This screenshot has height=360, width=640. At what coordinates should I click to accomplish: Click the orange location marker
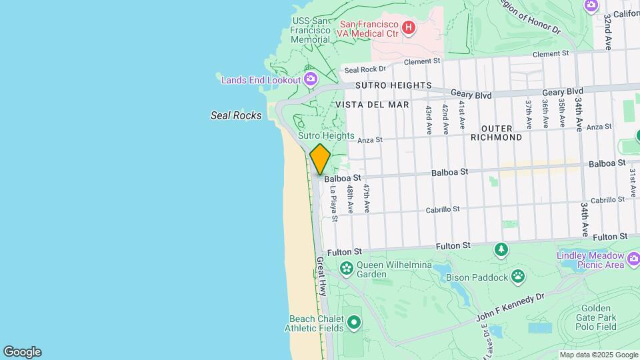pyautogui.click(x=320, y=159)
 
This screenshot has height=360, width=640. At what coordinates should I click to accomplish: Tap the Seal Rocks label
pyautogui.click(x=236, y=115)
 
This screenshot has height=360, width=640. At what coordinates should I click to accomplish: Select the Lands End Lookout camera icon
pyautogui.click(x=310, y=80)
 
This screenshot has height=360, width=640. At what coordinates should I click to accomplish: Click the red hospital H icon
pyautogui.click(x=409, y=29)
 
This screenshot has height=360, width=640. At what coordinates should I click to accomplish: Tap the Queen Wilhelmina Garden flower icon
pyautogui.click(x=346, y=269)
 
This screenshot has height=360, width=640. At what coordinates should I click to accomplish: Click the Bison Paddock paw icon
pyautogui.click(x=518, y=275)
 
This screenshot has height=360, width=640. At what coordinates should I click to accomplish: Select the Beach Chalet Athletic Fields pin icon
pyautogui.click(x=354, y=323)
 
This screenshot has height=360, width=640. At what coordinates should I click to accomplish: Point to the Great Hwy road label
pyautogui.click(x=321, y=277)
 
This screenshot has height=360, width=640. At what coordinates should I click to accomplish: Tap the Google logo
pyautogui.click(x=22, y=352)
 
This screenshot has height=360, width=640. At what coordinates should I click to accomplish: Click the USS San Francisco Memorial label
pyautogui.click(x=311, y=29)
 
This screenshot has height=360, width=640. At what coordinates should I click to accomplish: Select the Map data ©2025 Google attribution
pyautogui.click(x=599, y=355)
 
